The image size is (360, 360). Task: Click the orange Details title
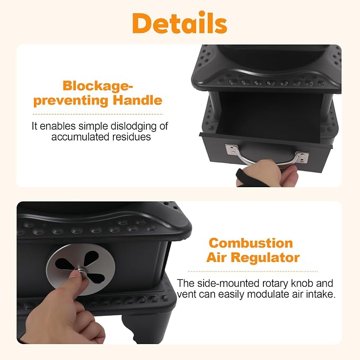180,23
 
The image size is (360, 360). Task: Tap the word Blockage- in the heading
98,86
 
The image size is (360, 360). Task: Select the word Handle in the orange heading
137,100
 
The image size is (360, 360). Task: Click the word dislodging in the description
130,126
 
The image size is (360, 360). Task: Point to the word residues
131,137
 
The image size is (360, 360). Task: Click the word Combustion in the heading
251,243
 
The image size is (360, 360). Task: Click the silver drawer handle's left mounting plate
232,149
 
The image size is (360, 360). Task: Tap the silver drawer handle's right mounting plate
302,157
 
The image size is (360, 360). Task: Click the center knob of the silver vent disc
81,270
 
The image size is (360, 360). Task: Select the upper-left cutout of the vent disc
65,264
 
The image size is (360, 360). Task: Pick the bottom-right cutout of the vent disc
96,278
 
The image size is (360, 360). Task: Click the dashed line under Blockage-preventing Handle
98,114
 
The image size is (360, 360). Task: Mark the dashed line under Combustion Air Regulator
253,271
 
